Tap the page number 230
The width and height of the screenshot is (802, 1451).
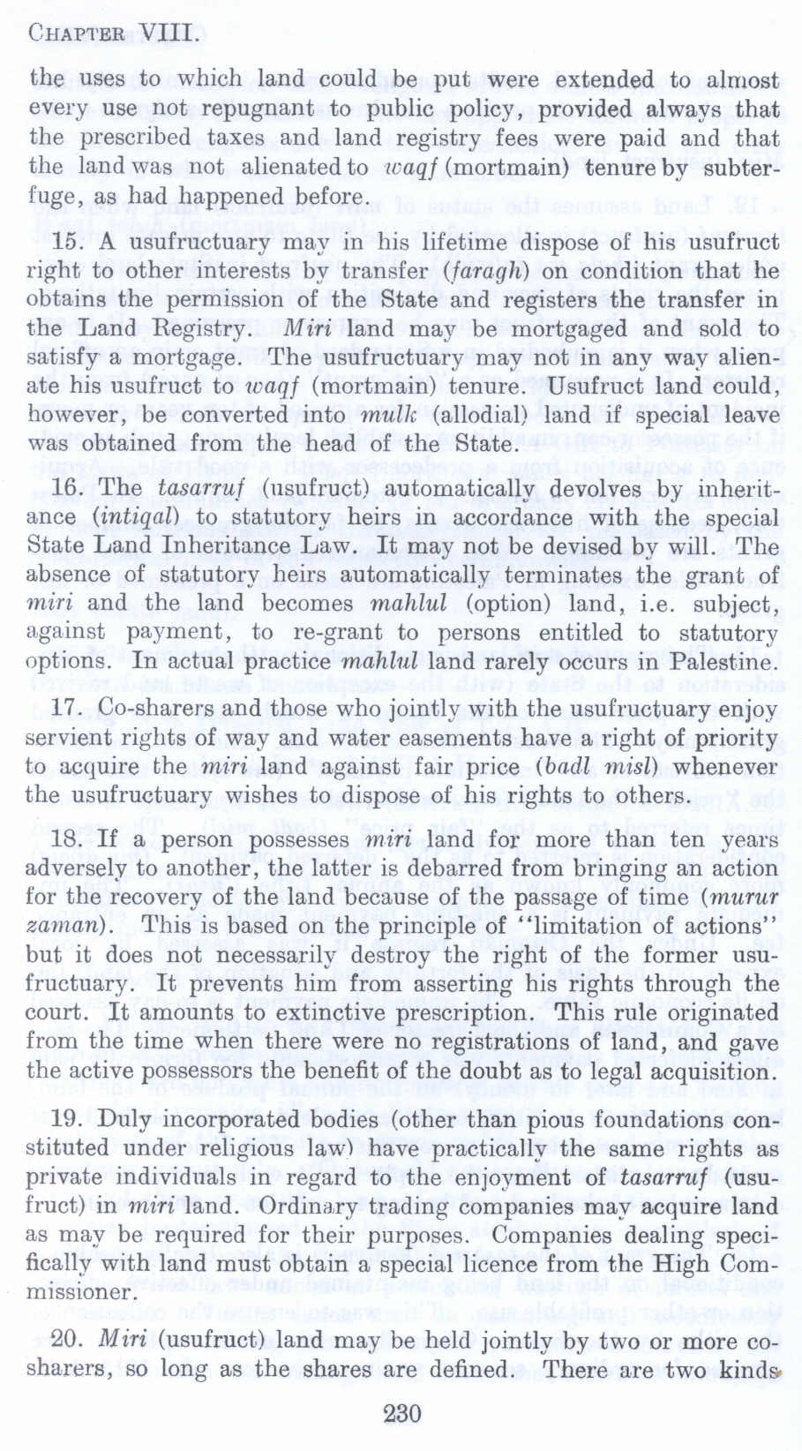click(401, 1414)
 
